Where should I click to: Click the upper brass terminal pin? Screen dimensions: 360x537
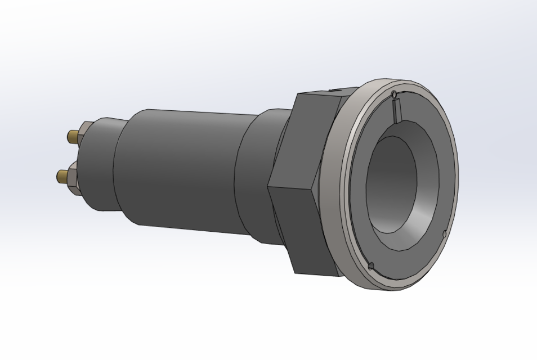point(73,136)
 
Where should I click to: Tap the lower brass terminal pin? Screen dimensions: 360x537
point(61,177)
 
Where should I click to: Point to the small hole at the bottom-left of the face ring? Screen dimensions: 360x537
point(370,266)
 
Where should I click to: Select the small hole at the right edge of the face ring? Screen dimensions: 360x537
point(445,233)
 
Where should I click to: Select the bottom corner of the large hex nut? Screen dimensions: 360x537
point(295,273)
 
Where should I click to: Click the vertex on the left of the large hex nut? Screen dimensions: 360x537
point(268,185)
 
